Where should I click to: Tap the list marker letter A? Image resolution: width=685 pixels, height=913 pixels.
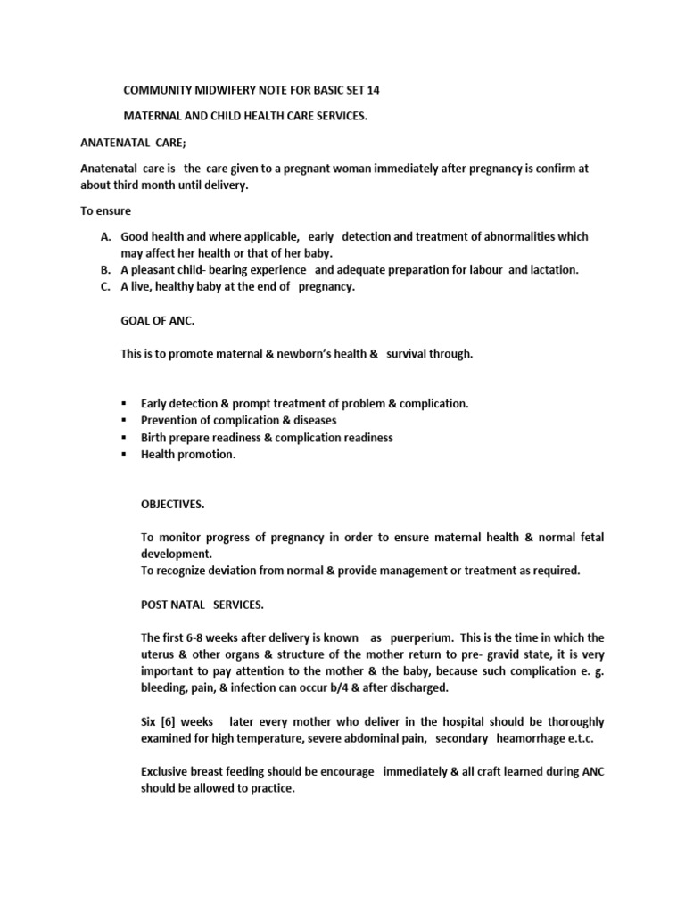pyautogui.click(x=105, y=237)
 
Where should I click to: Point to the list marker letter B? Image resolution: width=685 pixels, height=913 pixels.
pyautogui.click(x=105, y=270)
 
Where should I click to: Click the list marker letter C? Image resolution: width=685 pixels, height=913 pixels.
pyautogui.click(x=105, y=286)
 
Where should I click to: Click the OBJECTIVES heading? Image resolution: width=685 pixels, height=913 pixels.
pyautogui.click(x=172, y=504)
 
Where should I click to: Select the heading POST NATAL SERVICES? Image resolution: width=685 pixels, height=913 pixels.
pyautogui.click(x=202, y=605)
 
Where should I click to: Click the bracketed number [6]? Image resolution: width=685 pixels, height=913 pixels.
pyautogui.click(x=164, y=721)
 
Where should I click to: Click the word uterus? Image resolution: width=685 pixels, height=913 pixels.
pyautogui.click(x=159, y=655)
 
